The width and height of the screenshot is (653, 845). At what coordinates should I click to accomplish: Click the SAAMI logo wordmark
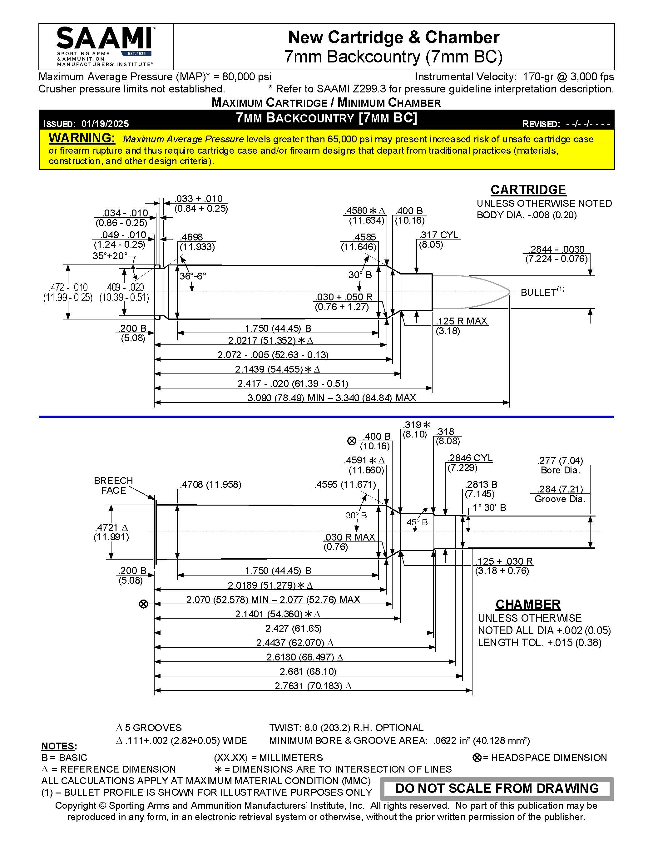click(x=104, y=39)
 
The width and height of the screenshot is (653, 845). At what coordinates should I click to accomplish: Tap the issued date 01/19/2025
click(x=105, y=124)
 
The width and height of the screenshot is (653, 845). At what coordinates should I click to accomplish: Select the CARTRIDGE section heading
click(x=528, y=190)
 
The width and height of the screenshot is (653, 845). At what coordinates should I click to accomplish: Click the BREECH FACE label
click(x=113, y=485)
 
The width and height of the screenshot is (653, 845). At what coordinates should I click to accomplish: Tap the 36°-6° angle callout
click(x=193, y=276)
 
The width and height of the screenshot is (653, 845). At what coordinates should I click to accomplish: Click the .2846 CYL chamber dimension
click(x=470, y=458)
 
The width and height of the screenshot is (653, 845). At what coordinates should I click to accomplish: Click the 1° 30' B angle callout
click(x=489, y=508)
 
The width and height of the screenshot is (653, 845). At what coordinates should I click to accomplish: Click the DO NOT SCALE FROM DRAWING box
click(x=497, y=788)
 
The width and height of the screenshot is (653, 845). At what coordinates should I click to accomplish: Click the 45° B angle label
click(x=417, y=522)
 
